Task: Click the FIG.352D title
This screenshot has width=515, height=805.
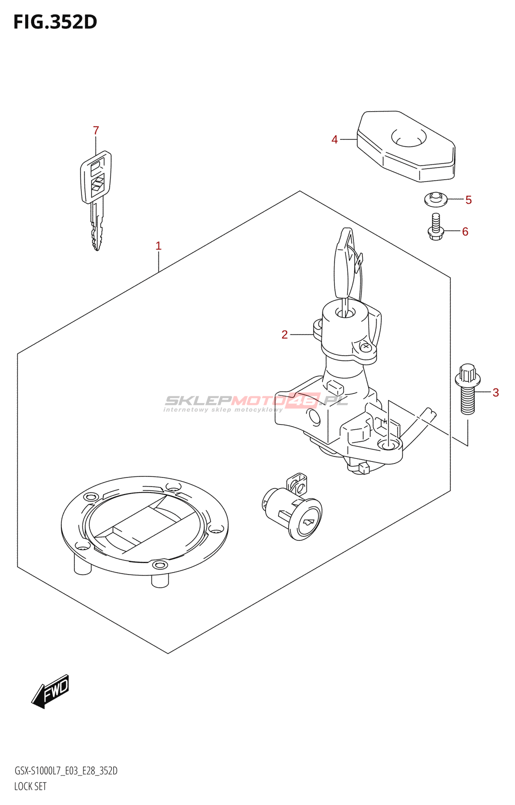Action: (55, 22)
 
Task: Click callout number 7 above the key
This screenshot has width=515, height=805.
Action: (96, 130)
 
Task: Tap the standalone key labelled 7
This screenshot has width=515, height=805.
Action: (96, 196)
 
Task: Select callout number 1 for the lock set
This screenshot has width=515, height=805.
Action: (158, 246)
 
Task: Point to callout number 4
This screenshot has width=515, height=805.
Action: (334, 139)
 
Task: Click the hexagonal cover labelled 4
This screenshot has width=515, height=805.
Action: (406, 146)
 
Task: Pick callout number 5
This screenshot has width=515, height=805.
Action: (468, 200)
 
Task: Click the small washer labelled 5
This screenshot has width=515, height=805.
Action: (436, 199)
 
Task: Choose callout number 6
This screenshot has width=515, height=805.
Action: (465, 231)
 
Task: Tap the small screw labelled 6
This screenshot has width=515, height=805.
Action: (436, 226)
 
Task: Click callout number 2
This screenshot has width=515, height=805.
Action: (285, 335)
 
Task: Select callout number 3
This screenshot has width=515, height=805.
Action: (495, 392)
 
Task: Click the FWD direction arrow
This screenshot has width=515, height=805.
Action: (51, 691)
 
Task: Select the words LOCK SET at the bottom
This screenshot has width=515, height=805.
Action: (30, 786)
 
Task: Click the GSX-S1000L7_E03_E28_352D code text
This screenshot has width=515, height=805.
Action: (66, 771)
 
